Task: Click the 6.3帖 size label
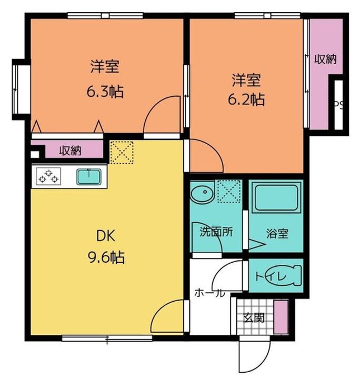[105, 92]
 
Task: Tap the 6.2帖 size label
[246, 99]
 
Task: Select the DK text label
[106, 236]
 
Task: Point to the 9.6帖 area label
[106, 257]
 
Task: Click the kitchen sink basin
[89, 177]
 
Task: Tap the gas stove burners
[48, 176]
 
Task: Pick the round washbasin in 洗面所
[203, 193]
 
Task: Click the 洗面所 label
[216, 232]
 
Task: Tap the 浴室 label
[277, 234]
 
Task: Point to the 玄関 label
[254, 317]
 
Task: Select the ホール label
[209, 293]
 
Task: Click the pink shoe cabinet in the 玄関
[281, 317]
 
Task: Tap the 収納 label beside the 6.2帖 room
[325, 59]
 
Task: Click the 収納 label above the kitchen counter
[71, 151]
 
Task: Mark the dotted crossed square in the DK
[122, 153]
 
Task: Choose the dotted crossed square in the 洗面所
[229, 191]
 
